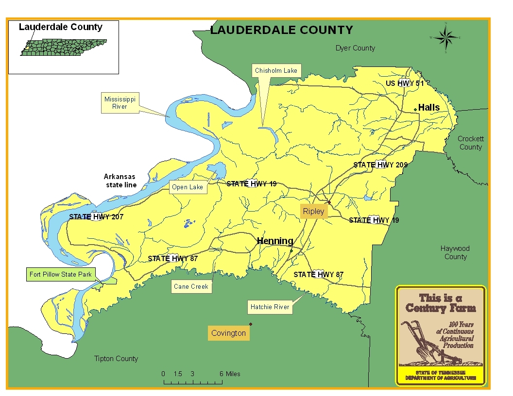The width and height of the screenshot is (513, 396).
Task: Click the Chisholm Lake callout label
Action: click(x=276, y=71)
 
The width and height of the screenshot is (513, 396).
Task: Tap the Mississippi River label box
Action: click(x=120, y=103)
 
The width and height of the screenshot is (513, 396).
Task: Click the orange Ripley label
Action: click(x=313, y=212)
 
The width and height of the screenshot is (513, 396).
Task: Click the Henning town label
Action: click(x=275, y=241)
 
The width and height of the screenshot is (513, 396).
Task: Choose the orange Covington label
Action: click(x=228, y=333)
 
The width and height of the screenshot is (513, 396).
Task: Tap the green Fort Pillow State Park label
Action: click(x=60, y=275)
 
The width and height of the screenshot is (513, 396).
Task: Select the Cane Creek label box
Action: click(x=191, y=287)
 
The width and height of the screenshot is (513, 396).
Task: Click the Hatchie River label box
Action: click(x=270, y=307)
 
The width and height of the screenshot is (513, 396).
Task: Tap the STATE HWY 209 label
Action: click(x=380, y=165)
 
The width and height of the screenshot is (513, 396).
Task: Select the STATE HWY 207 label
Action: click(x=96, y=217)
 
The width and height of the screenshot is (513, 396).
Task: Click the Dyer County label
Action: click(x=355, y=48)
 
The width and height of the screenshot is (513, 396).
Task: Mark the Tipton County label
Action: click(x=116, y=359)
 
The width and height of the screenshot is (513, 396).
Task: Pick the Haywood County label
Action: click(x=455, y=252)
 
